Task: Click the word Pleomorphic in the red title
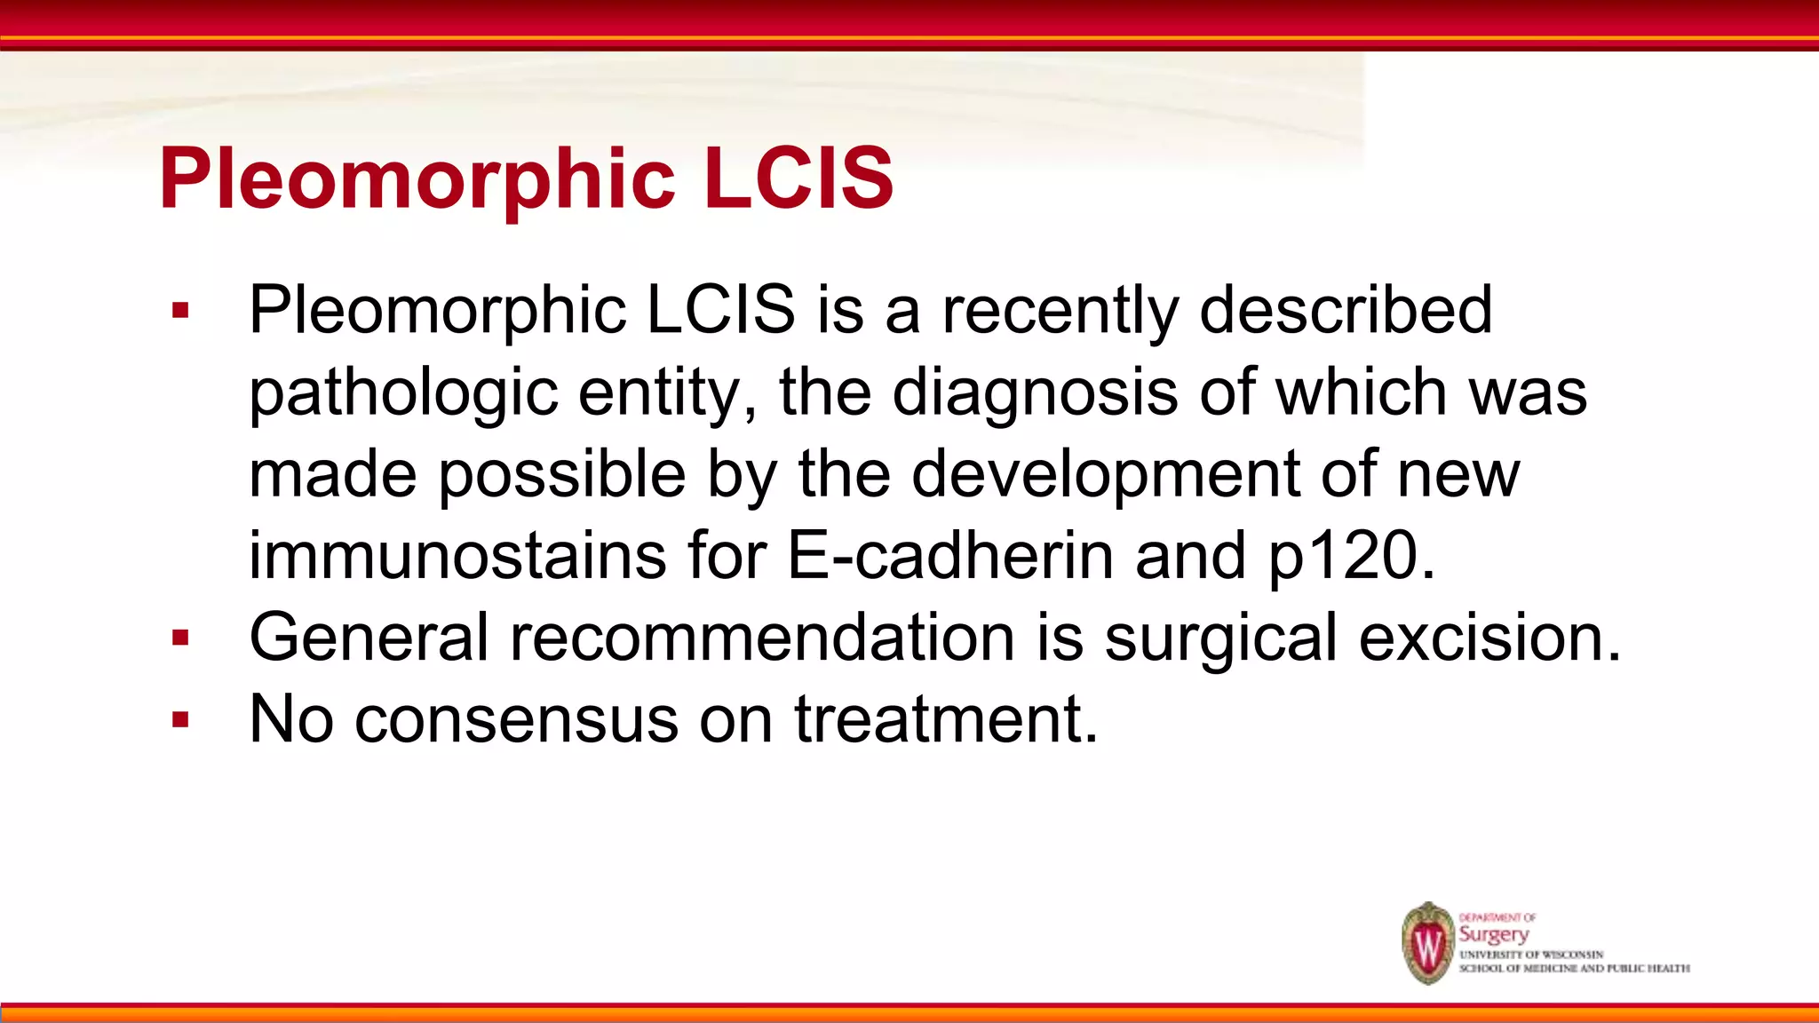point(417,180)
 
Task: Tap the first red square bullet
point(181,311)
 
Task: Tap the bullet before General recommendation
point(181,638)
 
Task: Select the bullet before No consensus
point(181,719)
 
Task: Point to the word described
point(1345,311)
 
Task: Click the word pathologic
point(403,393)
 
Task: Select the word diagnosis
point(1035,393)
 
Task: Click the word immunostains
point(457,556)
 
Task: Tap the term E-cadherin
point(949,556)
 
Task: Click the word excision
point(1489,638)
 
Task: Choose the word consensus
point(516,719)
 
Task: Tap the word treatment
point(945,719)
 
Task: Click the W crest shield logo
point(1427,944)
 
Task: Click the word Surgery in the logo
point(1494,934)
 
